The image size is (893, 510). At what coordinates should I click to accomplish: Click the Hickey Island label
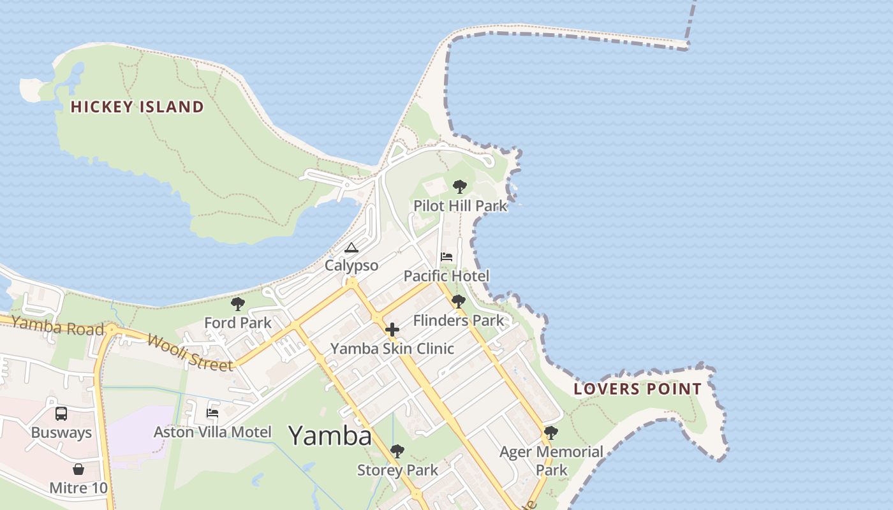(x=137, y=106)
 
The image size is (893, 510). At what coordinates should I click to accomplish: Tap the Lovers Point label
(x=638, y=389)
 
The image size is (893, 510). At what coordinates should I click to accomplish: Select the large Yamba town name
(x=330, y=435)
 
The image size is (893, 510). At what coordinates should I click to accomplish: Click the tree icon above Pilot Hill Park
(x=459, y=187)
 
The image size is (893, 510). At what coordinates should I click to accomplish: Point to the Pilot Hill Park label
(x=461, y=206)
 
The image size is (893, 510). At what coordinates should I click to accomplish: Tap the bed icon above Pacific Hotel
(x=447, y=257)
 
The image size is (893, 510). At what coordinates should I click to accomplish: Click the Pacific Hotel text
(x=447, y=276)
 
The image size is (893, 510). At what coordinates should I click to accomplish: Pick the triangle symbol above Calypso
(x=351, y=247)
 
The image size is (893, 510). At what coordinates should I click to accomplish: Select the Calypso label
(x=351, y=265)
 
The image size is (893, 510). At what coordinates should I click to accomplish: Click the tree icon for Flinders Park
(x=458, y=302)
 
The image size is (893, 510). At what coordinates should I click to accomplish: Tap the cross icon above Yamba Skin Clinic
(x=392, y=330)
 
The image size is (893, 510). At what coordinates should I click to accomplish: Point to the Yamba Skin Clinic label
(x=392, y=349)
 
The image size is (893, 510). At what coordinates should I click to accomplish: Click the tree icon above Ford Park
(x=238, y=304)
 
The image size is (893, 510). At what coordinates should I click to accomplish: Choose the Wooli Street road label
(x=189, y=352)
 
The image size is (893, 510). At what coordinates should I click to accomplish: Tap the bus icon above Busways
(x=61, y=414)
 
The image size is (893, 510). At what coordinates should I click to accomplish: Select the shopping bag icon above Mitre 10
(x=78, y=470)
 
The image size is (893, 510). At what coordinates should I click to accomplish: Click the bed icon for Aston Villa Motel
(x=212, y=413)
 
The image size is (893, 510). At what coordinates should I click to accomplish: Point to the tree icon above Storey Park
(x=397, y=451)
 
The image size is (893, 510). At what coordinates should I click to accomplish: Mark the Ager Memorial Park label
(x=551, y=460)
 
